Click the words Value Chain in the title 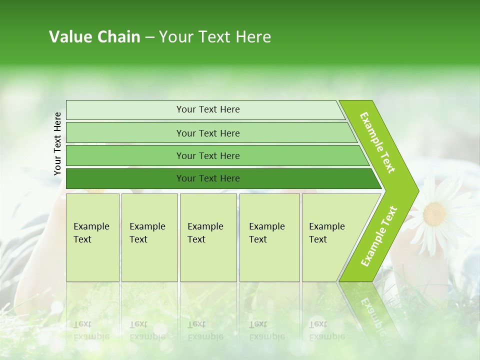(x=94, y=37)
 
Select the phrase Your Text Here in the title (x=215, y=37)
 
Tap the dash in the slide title (x=149, y=37)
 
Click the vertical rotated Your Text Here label (x=57, y=143)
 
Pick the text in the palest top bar (x=208, y=109)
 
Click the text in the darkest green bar (x=208, y=178)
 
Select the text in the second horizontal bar (x=208, y=133)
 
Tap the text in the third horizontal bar (x=208, y=156)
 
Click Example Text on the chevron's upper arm (x=377, y=142)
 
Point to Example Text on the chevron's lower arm (x=379, y=236)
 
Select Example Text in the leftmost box (x=91, y=233)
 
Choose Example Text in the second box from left (x=147, y=233)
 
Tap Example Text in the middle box (x=205, y=233)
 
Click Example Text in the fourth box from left (x=266, y=233)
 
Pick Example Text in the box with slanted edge (x=326, y=233)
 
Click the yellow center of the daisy (x=434, y=214)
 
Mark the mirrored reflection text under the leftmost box (x=91, y=330)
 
